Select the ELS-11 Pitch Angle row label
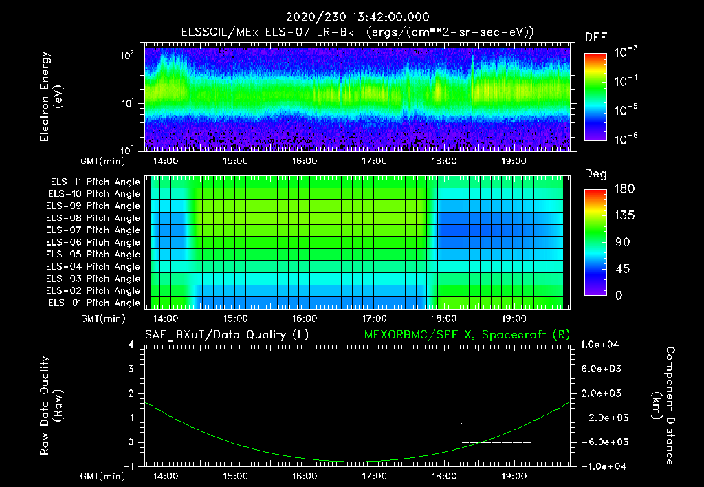93,182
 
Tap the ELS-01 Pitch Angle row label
93,303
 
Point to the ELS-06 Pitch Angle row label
93,242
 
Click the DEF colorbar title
595,37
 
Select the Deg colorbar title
595,174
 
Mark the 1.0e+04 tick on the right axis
602,345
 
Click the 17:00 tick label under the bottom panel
374,475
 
